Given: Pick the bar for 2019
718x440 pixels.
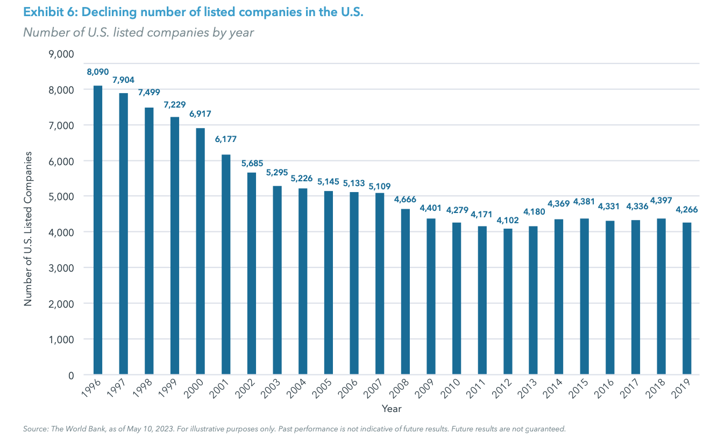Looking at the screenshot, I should tap(687, 299).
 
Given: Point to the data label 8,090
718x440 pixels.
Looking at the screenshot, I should tap(97, 71).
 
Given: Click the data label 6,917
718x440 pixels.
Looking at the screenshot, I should tap(200, 113).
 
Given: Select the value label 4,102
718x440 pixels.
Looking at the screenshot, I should tap(508, 219).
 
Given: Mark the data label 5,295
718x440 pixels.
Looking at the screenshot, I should tap(278, 172).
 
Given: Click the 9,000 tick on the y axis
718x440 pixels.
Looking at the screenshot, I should tap(60, 54).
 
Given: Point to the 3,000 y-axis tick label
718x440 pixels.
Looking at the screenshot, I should tap(60, 268).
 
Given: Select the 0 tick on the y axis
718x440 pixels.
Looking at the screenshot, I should tap(70, 375).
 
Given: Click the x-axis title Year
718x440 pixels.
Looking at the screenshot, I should tap(392, 409).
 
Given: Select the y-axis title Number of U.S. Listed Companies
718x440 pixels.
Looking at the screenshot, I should tap(28, 229).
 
